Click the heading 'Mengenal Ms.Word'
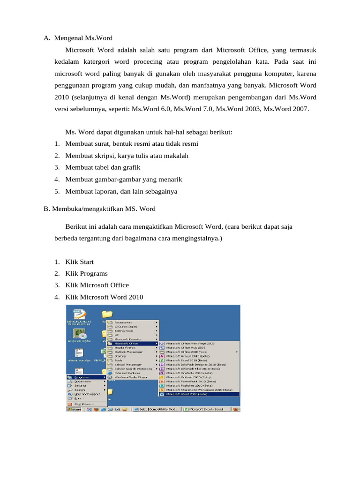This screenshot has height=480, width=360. [83, 37]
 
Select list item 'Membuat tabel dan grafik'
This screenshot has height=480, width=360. [103, 167]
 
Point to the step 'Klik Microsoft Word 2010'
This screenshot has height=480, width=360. [104, 297]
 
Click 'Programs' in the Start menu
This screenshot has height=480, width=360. [82, 377]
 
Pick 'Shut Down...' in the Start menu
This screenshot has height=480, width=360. [84, 404]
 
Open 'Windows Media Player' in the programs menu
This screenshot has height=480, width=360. [131, 377]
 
